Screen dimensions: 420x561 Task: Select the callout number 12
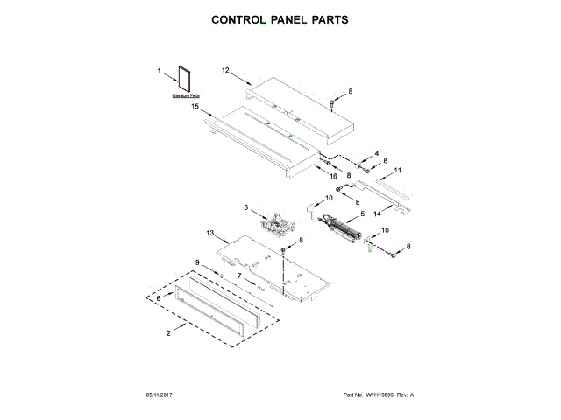click(x=224, y=70)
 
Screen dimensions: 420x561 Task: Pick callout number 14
click(x=379, y=213)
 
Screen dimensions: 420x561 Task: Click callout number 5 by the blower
click(x=361, y=213)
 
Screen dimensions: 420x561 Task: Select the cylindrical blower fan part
click(x=344, y=229)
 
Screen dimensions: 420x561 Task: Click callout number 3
click(x=247, y=207)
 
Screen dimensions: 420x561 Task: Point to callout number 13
click(x=209, y=234)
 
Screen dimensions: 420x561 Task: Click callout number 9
click(x=197, y=262)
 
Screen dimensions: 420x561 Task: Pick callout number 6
click(x=159, y=297)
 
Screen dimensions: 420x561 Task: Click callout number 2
click(x=167, y=333)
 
